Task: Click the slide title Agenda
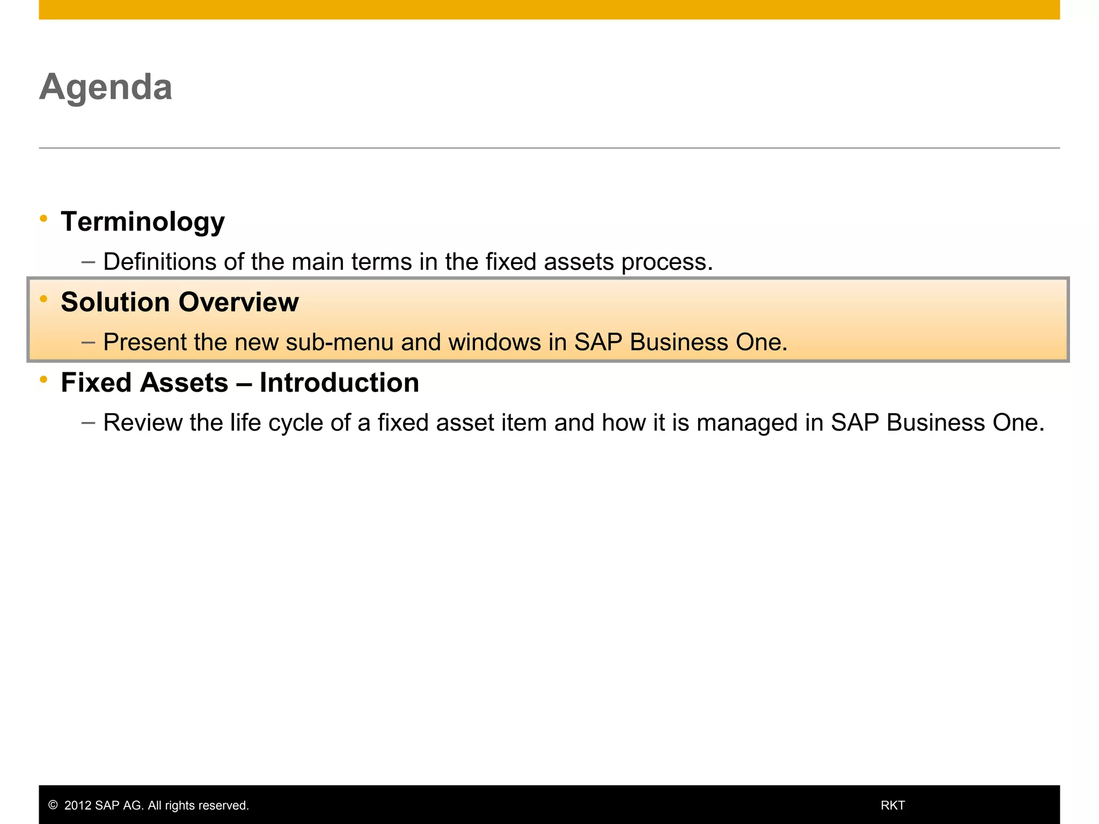106,87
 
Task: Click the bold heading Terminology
143,222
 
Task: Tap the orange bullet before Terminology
43,218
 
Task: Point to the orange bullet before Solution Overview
43,298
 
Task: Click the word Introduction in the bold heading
339,382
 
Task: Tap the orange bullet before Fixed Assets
43,379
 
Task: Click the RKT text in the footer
892,805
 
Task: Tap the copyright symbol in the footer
53,805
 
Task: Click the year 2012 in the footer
78,805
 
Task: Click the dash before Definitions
88,262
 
